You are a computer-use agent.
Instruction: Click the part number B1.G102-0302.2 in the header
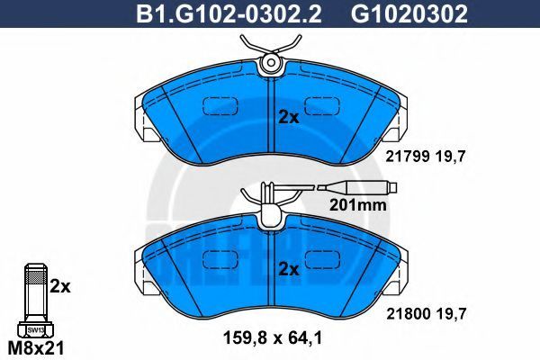(x=229, y=14)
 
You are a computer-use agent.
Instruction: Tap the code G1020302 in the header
(x=409, y=14)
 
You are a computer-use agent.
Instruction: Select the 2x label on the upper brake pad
(x=289, y=118)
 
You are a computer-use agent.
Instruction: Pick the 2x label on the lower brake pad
(x=289, y=269)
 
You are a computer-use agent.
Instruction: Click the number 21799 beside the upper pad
(x=408, y=157)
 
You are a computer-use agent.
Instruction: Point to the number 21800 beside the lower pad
(x=409, y=313)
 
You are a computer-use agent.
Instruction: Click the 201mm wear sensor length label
(x=358, y=205)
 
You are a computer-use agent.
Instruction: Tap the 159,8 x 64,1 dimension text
(x=273, y=338)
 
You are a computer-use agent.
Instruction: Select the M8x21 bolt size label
(x=36, y=349)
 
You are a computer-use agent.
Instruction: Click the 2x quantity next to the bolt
(x=60, y=286)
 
